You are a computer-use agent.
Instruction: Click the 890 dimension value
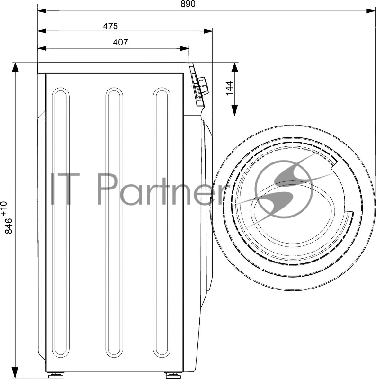[x=188, y=4]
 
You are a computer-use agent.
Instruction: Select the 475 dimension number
[x=110, y=26]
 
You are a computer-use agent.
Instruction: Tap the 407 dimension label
[x=120, y=42]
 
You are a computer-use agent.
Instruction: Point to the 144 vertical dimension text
[x=229, y=88]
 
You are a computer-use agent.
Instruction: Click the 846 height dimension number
[x=9, y=226]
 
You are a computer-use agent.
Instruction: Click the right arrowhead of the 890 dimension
[x=370, y=11]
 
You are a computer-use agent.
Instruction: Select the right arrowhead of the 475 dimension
[x=208, y=31]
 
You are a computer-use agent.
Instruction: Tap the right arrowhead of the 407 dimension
[x=185, y=48]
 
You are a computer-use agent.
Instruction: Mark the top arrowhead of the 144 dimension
[x=234, y=67]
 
